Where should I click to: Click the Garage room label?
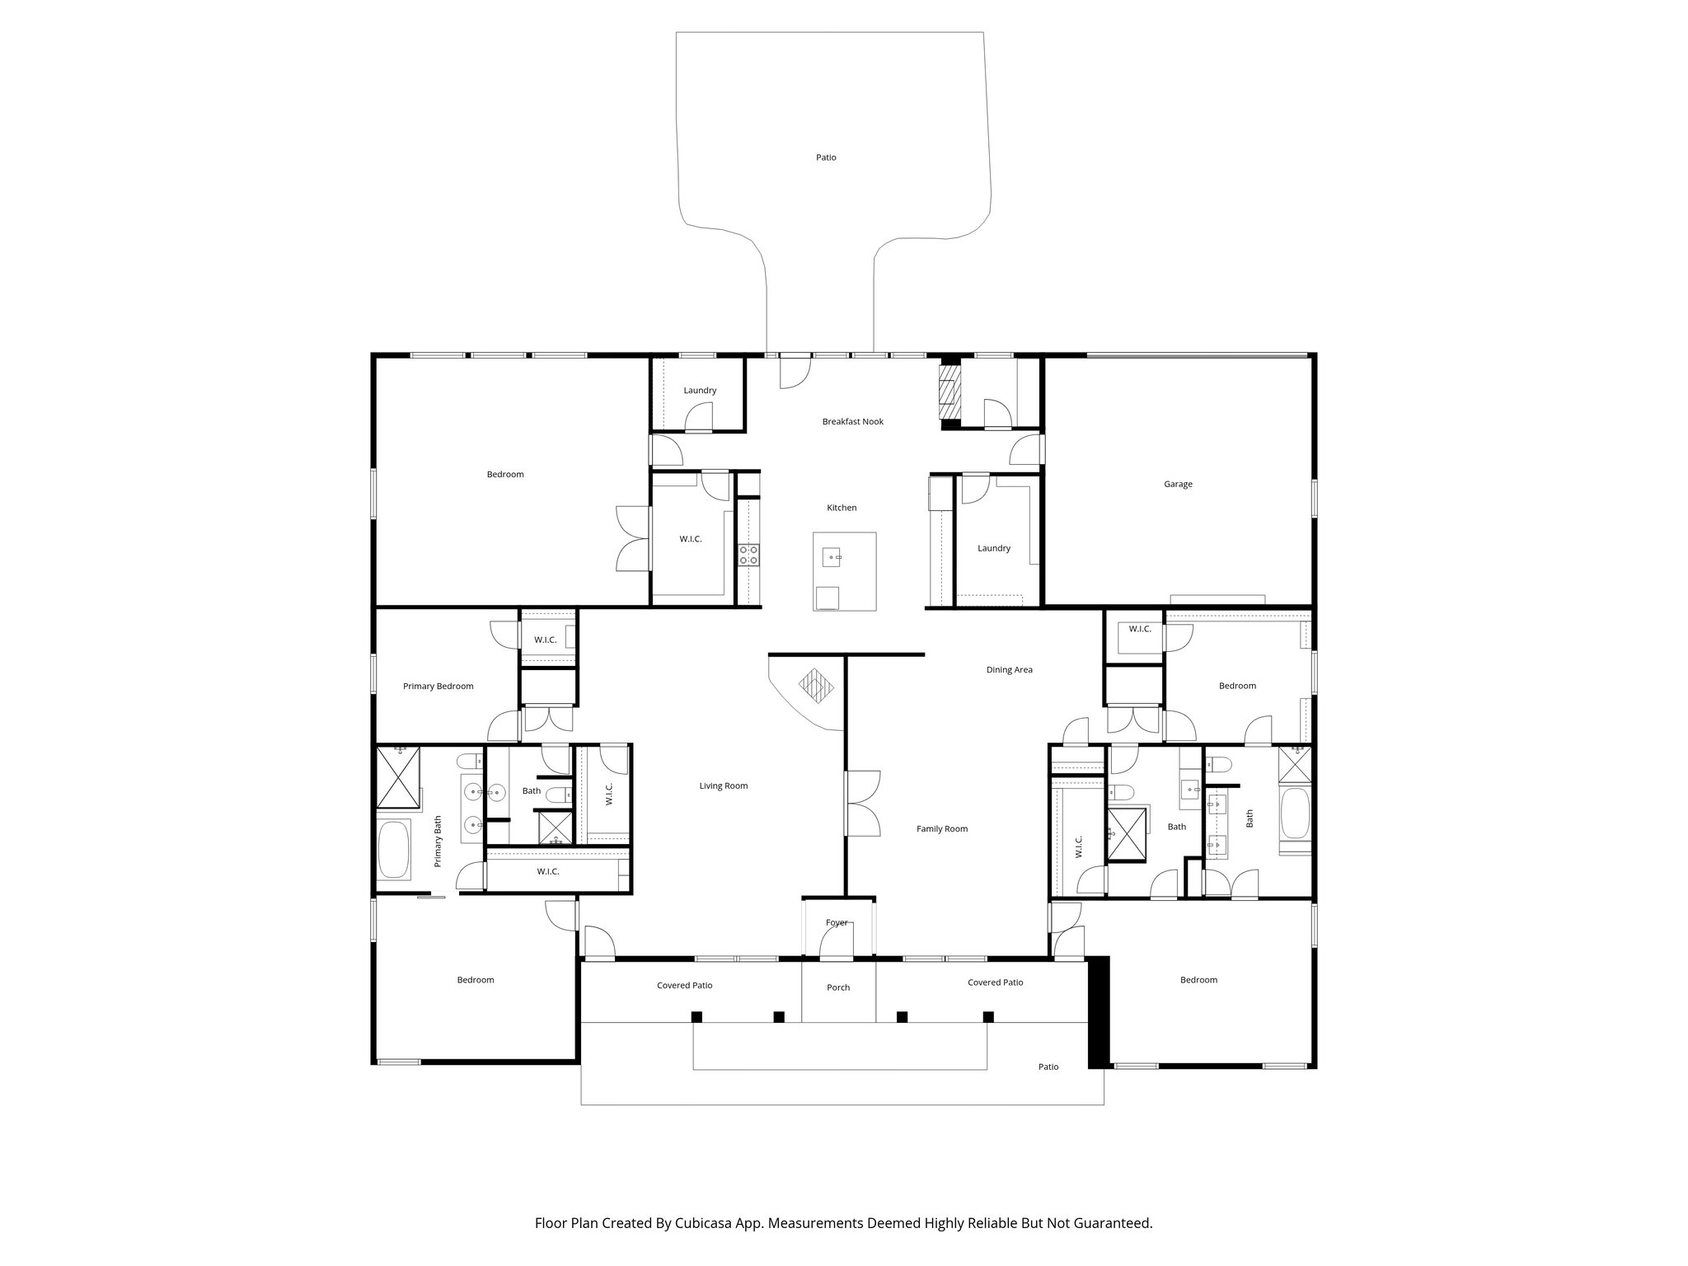click(x=1178, y=485)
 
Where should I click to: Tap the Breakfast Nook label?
click(x=852, y=422)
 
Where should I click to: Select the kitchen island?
click(x=844, y=570)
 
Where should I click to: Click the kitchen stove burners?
click(x=748, y=555)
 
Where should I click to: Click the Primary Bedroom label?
click(x=438, y=687)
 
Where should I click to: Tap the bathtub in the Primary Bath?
click(x=394, y=850)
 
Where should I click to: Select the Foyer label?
click(x=836, y=923)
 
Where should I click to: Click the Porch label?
click(x=837, y=987)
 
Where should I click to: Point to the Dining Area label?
click(x=1009, y=670)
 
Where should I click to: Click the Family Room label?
click(x=941, y=829)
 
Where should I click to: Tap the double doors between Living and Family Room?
click(x=862, y=804)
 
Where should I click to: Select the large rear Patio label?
click(x=826, y=157)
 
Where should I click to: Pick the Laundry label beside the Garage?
click(x=993, y=549)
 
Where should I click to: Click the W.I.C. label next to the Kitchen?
click(x=690, y=539)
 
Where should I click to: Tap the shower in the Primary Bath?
click(x=399, y=777)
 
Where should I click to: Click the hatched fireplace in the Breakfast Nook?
click(x=950, y=392)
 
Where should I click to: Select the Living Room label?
click(x=723, y=786)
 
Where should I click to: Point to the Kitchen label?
click(x=842, y=509)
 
